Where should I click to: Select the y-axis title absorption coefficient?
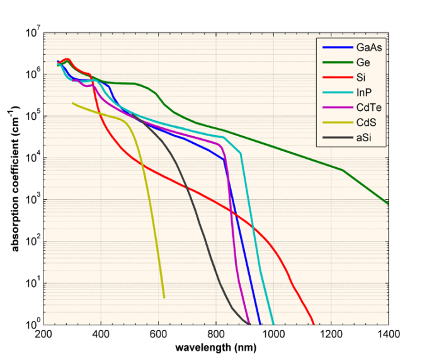point(15,178)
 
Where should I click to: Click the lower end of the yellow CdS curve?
point(164,297)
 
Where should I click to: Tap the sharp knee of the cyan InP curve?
point(240,153)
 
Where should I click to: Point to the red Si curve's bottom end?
point(314,323)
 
